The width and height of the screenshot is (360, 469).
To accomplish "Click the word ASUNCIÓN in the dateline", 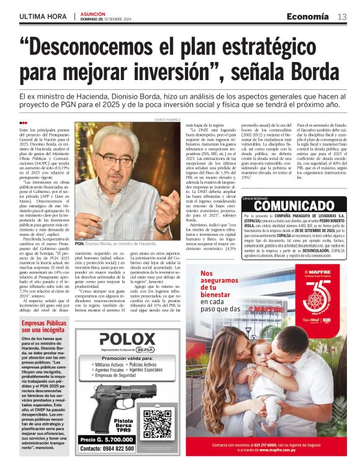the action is [94, 13].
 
